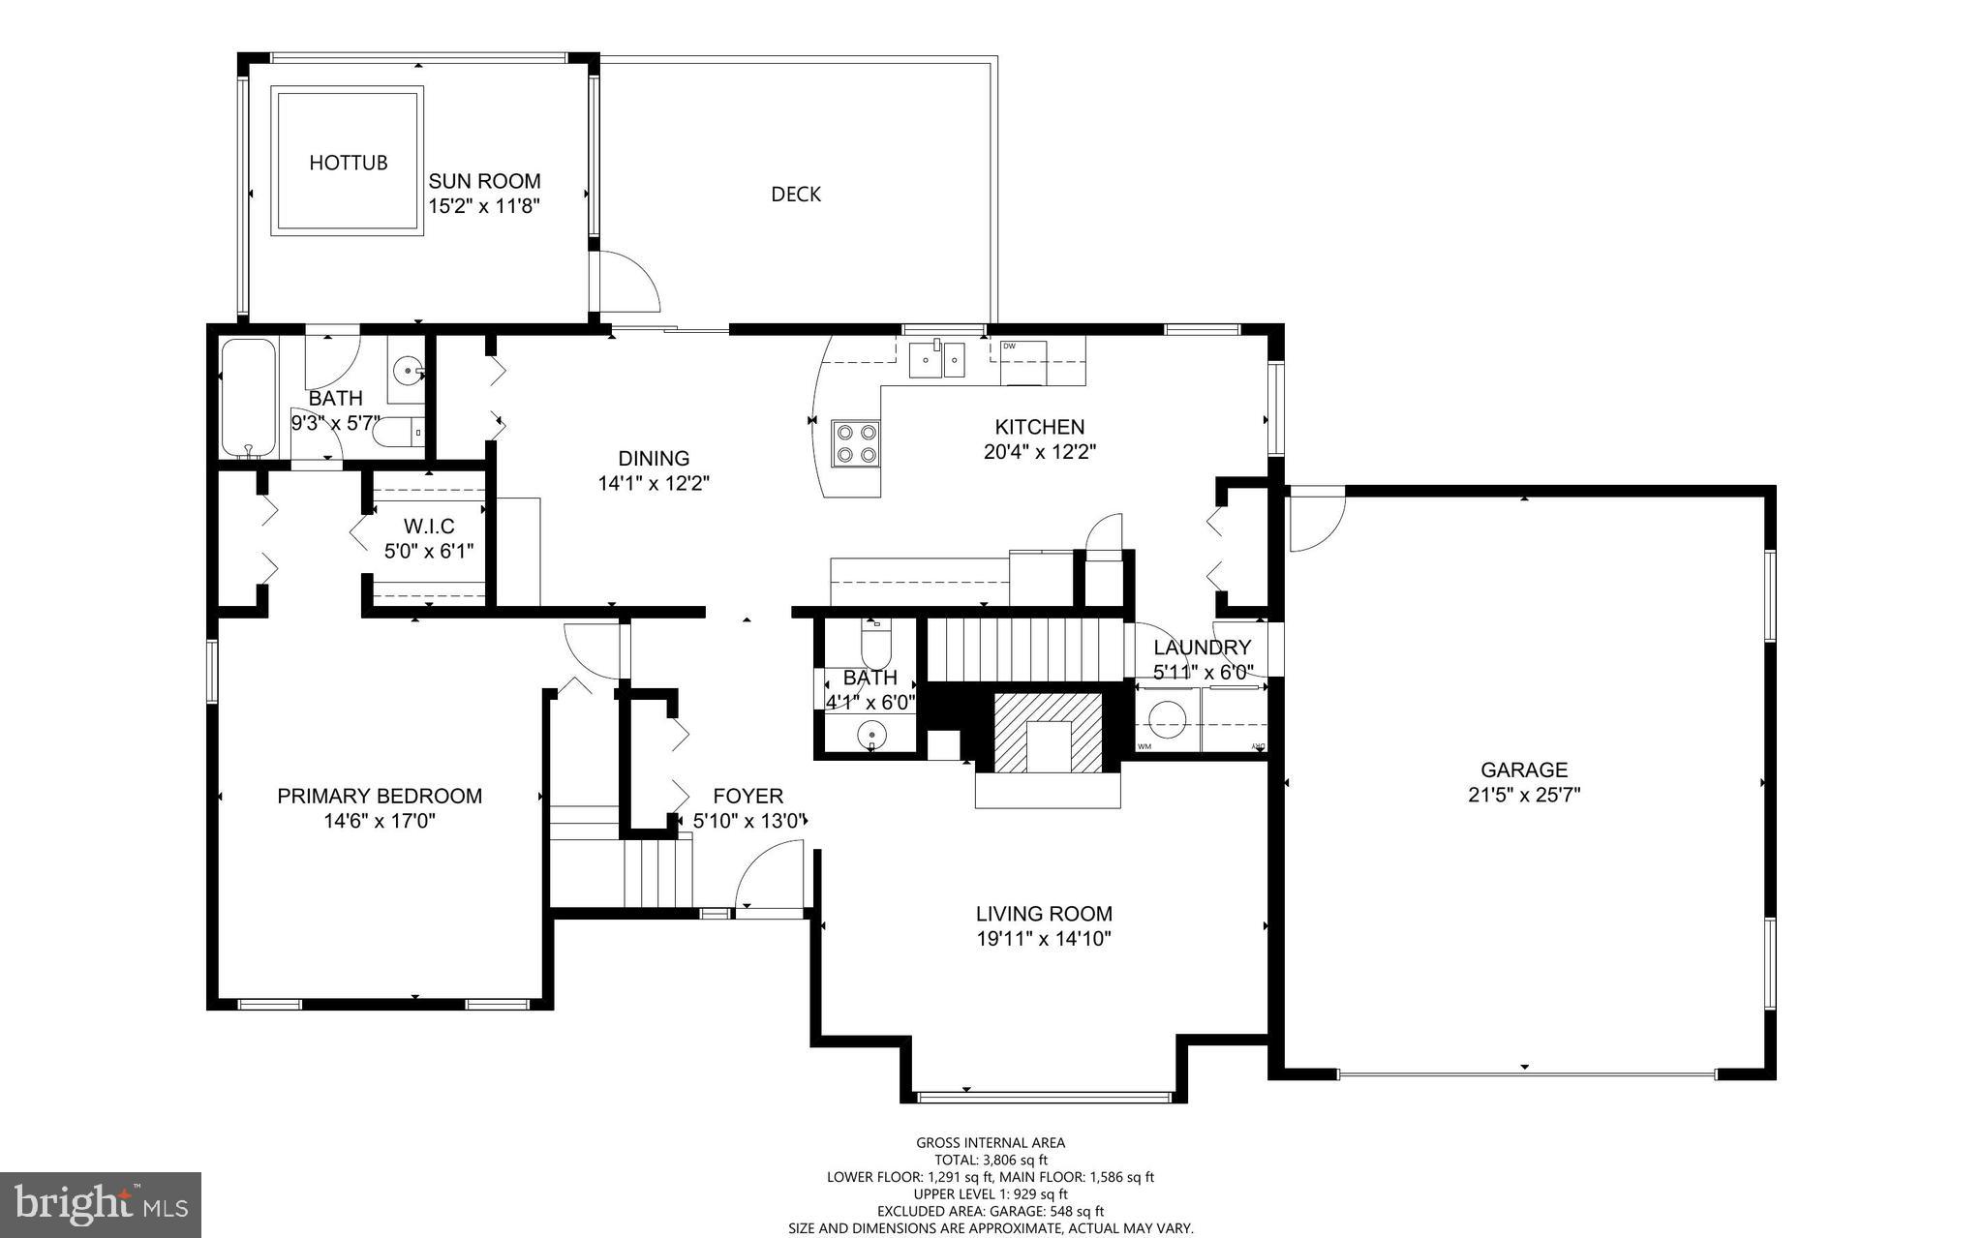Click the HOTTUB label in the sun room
pyautogui.click(x=348, y=163)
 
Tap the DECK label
pyautogui.click(x=795, y=195)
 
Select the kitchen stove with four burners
pyautogui.click(x=856, y=443)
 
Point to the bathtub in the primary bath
pyautogui.click(x=249, y=397)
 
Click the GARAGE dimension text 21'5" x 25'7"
pyautogui.click(x=1523, y=796)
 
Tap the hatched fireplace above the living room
pyautogui.click(x=1048, y=732)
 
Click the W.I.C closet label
pyautogui.click(x=429, y=527)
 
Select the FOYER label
pyautogui.click(x=747, y=797)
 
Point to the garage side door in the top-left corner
pyautogui.click(x=1315, y=520)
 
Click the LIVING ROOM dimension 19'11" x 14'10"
pyautogui.click(x=1043, y=938)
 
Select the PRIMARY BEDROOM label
pyautogui.click(x=380, y=797)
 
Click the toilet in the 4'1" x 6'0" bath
pyautogui.click(x=874, y=639)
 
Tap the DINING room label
pyautogui.click(x=654, y=459)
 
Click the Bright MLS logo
pyautogui.click(x=101, y=1204)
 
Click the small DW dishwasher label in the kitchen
pyautogui.click(x=1009, y=346)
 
